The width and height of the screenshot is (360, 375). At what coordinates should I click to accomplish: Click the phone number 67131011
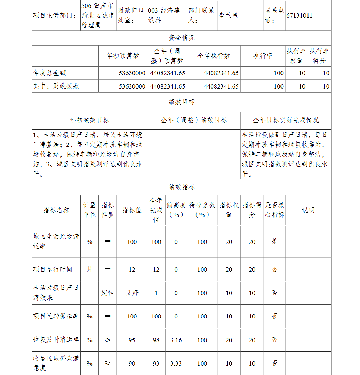tap(300, 16)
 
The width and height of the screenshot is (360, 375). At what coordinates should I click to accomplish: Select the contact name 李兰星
tap(228, 16)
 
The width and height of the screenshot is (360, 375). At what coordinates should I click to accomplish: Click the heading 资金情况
tap(181, 38)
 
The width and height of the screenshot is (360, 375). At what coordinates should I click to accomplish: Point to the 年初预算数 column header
tap(123, 56)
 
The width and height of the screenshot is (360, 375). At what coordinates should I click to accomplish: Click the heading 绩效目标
tap(181, 102)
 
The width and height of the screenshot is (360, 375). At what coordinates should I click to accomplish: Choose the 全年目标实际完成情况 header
tap(285, 120)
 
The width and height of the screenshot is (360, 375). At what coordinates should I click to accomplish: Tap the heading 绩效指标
tap(181, 187)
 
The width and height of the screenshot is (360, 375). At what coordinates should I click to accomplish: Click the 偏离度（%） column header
tap(176, 210)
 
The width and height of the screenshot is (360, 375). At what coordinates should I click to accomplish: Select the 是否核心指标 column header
tap(275, 210)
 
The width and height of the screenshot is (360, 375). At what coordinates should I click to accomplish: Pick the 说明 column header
tap(308, 210)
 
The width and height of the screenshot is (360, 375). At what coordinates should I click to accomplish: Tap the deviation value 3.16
tap(176, 340)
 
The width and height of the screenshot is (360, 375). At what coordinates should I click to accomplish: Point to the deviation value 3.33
tap(176, 363)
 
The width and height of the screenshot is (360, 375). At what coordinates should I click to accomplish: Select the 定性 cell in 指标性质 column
tap(108, 293)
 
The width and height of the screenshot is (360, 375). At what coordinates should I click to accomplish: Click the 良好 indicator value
tap(132, 293)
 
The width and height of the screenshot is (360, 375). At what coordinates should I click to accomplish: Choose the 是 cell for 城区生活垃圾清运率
tap(275, 241)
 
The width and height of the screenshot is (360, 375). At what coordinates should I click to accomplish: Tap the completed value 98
tap(156, 340)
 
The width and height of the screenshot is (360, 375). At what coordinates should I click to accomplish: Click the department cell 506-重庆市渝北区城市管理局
tap(98, 16)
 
